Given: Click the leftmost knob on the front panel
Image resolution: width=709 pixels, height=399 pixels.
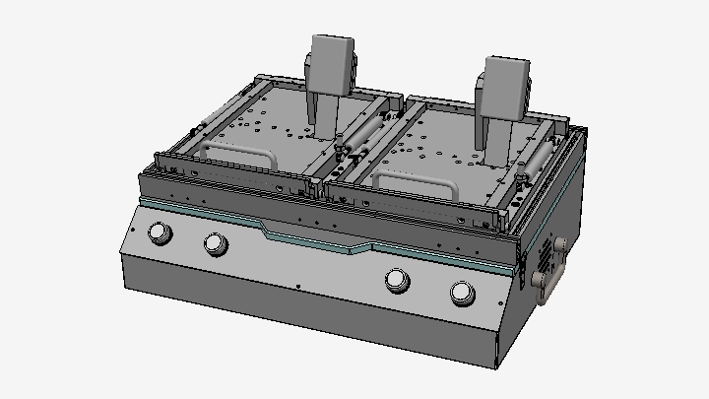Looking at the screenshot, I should click(x=157, y=233).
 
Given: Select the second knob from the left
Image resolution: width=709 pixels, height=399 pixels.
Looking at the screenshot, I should click(x=214, y=243).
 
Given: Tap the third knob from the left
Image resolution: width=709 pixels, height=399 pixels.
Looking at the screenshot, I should click(x=397, y=280).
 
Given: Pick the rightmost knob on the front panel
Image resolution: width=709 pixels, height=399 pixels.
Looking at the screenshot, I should click(x=461, y=292).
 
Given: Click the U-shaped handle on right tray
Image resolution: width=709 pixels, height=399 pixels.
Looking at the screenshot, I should click(x=415, y=181).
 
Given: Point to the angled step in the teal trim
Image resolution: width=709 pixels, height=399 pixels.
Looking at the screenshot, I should click(x=268, y=230).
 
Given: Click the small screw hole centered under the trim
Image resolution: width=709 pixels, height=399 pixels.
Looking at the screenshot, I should click(x=297, y=286).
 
